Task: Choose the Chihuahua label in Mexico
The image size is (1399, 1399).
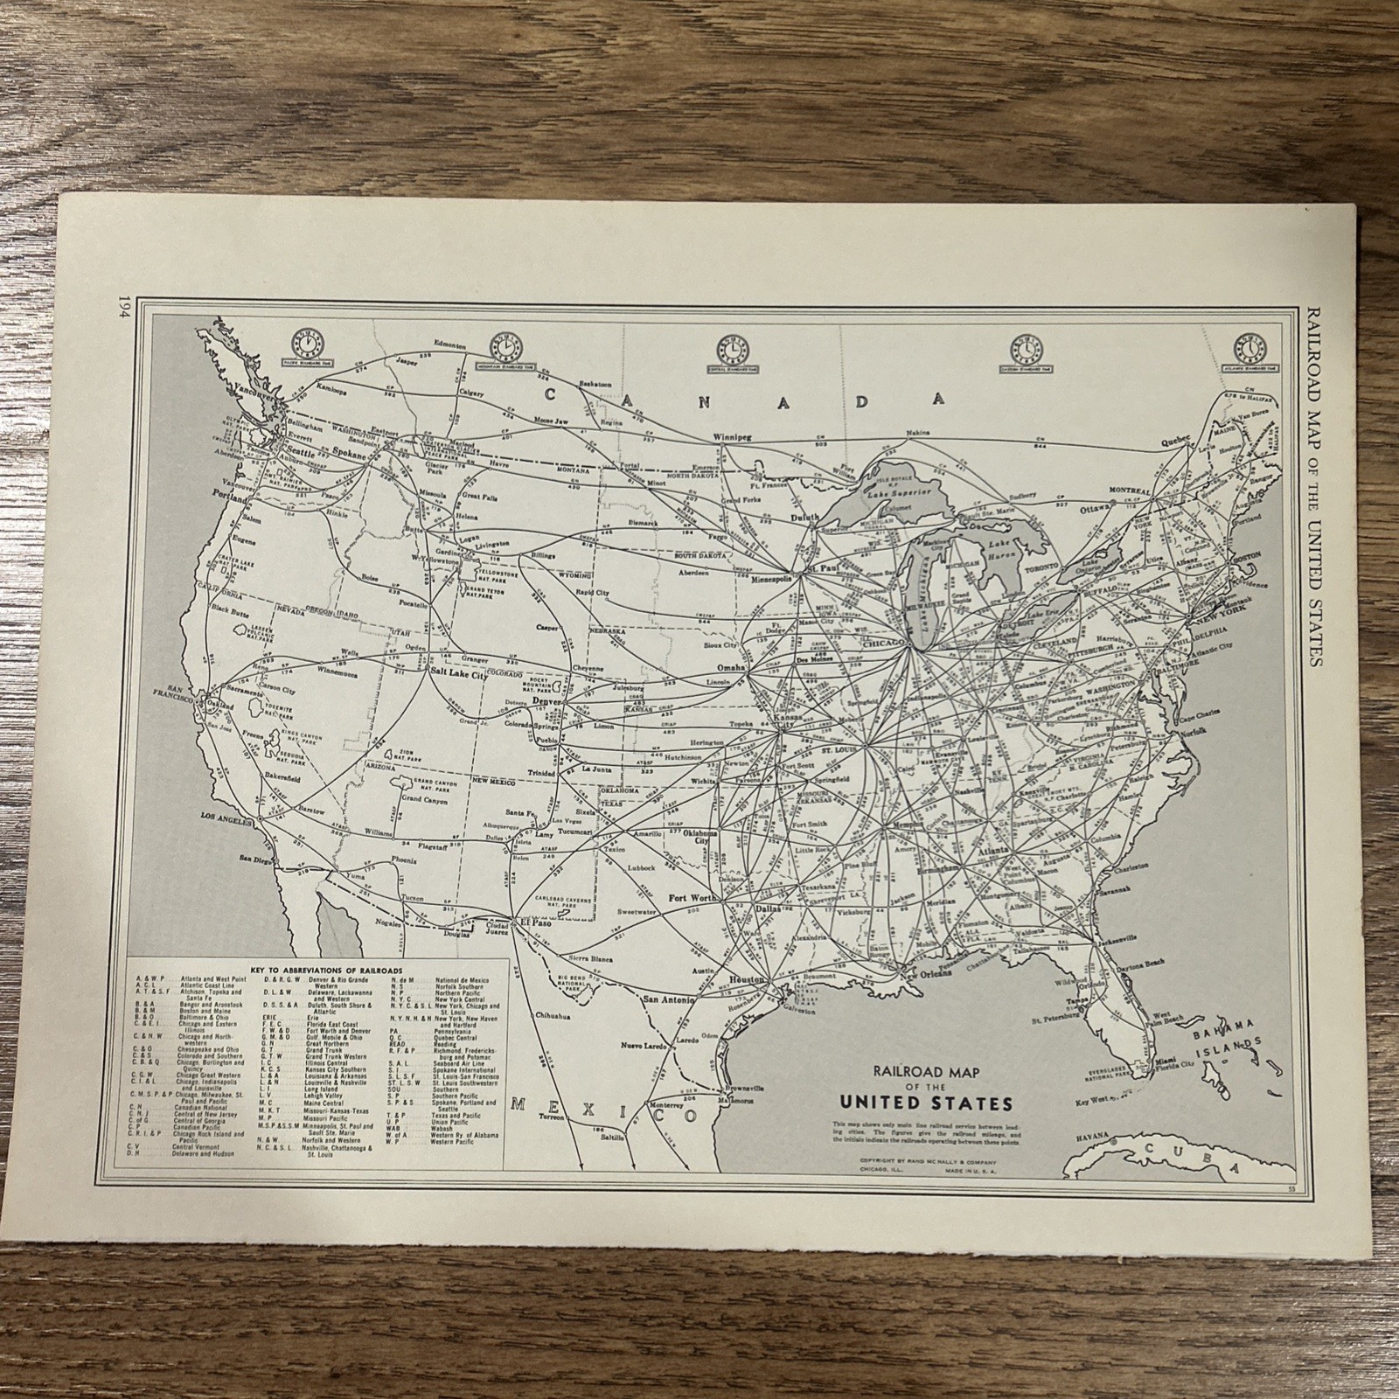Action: click(x=551, y=1017)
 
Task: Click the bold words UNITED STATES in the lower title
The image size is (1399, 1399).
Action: click(x=934, y=1101)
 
